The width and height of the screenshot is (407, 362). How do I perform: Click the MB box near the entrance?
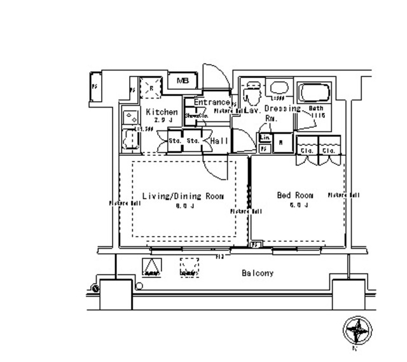183,81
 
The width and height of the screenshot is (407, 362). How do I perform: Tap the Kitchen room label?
162,112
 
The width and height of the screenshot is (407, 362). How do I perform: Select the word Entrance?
211,102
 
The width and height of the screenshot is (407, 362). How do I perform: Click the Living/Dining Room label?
183,197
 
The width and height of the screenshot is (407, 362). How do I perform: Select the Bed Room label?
295,195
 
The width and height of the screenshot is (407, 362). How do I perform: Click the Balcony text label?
258,274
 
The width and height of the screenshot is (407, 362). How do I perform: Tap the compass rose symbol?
357,331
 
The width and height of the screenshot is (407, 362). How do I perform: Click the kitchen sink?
131,116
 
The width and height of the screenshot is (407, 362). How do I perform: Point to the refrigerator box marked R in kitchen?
151,87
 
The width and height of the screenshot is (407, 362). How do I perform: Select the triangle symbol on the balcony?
151,268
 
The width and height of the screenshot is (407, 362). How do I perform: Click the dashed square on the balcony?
190,268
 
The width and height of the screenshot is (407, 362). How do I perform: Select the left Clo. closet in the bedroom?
307,151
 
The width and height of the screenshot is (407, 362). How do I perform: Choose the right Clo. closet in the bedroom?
329,151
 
